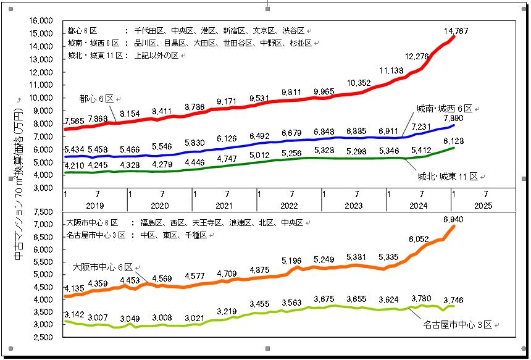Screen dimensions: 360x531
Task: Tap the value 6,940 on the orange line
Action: click(453, 219)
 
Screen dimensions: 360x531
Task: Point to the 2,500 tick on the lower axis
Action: click(43, 337)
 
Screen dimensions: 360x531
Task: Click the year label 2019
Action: click(95, 205)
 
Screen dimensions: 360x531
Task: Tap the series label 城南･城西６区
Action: click(444, 108)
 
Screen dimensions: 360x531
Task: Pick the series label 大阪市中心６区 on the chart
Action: click(102, 267)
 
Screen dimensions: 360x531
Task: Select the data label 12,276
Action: click(417, 56)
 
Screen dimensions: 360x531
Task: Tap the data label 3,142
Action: click(75, 315)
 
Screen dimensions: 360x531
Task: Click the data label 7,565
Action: click(75, 121)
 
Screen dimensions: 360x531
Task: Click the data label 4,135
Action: click(75, 288)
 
